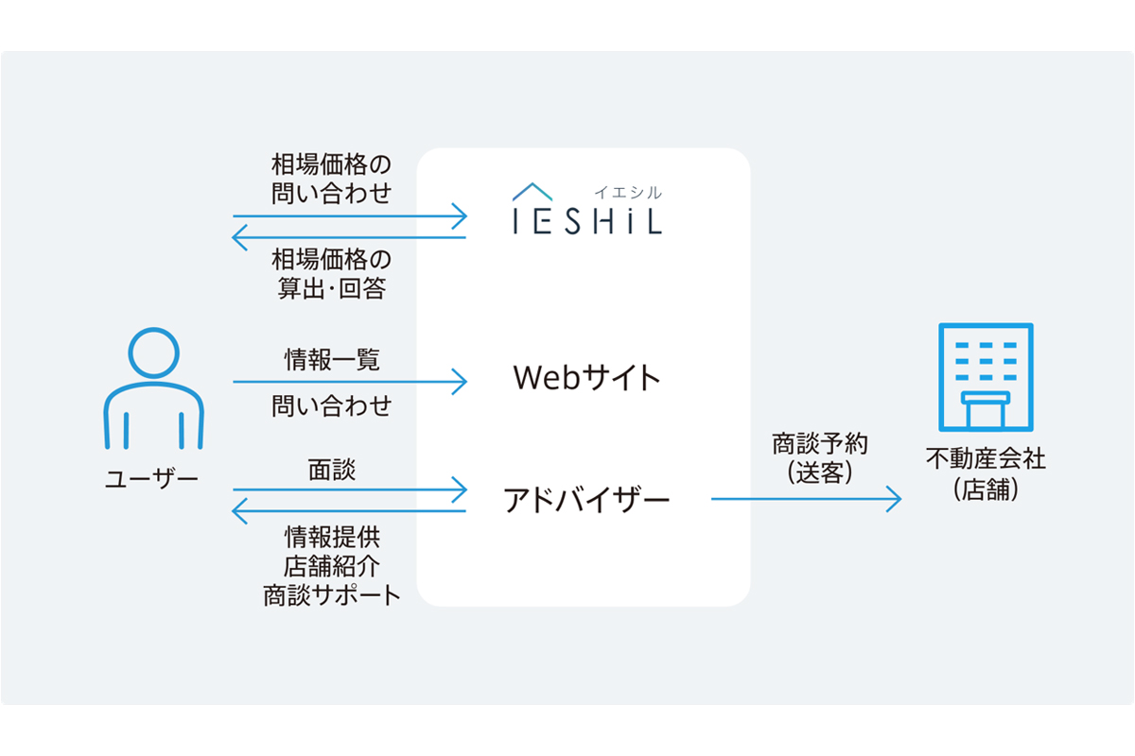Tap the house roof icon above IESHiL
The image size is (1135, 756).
pos(533,192)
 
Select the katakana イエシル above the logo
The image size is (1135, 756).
pos(628,192)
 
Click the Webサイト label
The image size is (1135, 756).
pos(585,378)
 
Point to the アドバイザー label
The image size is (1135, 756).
pos(585,498)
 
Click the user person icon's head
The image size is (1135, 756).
pos(153,354)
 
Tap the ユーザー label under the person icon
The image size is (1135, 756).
pos(152,478)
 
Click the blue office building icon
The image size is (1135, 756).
pos(985,377)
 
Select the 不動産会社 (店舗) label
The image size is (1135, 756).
pos(985,474)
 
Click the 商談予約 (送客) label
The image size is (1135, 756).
pos(819,458)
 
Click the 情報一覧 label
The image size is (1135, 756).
pos(332,359)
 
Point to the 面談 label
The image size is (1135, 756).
pos(332,470)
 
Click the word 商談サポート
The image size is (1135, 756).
pos(332,596)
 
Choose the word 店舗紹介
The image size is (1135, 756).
pos(332,566)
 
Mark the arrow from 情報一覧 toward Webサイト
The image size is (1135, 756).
pos(350,382)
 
